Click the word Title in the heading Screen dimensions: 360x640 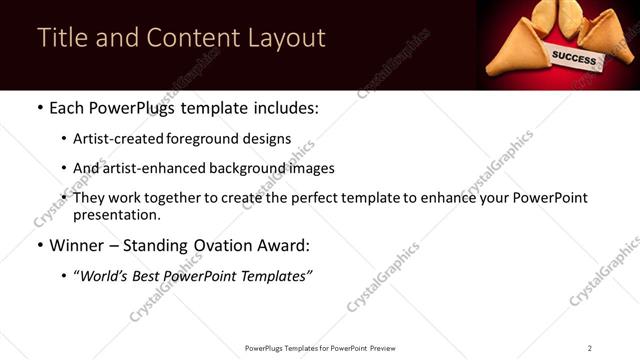(x=60, y=38)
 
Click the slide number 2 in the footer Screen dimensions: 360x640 (x=590, y=348)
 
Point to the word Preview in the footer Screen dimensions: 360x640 (x=389, y=348)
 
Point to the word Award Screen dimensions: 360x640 (x=287, y=245)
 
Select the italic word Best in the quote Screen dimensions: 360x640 (x=150, y=275)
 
